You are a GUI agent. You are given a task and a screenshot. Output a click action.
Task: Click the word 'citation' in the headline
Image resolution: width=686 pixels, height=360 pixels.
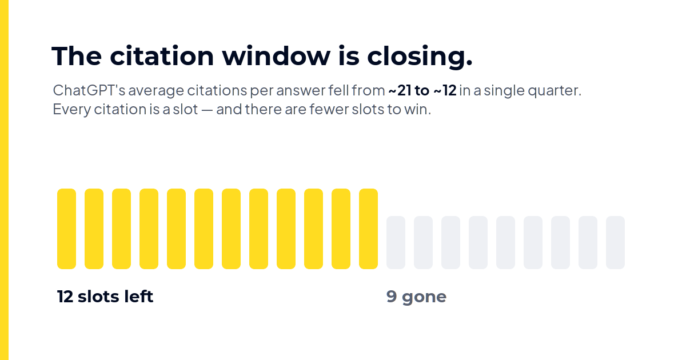[162, 56]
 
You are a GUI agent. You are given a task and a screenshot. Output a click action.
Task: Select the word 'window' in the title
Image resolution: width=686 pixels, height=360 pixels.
[276, 56]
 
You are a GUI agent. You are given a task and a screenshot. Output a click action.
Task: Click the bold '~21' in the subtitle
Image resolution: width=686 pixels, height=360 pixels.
[400, 90]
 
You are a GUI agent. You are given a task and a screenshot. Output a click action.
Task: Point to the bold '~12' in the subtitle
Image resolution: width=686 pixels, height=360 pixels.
[445, 90]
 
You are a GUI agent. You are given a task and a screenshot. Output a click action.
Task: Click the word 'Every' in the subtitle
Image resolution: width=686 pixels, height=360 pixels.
[72, 110]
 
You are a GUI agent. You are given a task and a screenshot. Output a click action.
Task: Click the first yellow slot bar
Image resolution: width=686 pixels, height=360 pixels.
[66, 229]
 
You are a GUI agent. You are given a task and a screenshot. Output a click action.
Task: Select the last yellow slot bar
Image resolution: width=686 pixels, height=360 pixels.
[368, 229]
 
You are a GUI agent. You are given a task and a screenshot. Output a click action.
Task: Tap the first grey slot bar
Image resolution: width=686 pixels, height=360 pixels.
[396, 242]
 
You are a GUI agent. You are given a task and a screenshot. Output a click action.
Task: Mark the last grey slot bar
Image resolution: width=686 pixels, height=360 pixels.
[615, 242]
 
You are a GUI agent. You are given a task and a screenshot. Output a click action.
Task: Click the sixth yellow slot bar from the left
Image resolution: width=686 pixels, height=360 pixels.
[204, 229]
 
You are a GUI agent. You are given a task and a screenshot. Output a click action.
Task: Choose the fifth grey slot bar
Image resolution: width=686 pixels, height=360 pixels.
[505, 242]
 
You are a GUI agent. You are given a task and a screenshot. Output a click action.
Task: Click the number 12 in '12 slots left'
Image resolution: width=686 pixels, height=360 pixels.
[65, 297]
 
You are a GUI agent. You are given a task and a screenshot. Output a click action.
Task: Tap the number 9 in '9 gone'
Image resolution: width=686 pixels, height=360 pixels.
[392, 297]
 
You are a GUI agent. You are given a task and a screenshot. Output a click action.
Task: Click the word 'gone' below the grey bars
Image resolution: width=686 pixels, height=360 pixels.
[424, 298]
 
